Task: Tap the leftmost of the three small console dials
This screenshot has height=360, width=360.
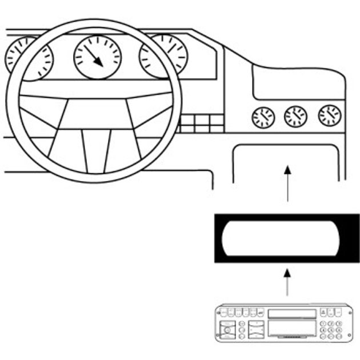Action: pos(263,118)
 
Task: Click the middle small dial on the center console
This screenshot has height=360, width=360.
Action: pos(295,117)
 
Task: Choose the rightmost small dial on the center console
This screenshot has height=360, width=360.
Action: pos(330,115)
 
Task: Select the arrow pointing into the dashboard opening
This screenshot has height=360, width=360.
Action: pos(287,183)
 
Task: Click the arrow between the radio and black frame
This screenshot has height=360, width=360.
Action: pos(287,283)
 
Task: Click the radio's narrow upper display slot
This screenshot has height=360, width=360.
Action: pos(291,313)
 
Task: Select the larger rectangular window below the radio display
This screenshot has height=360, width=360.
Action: pos(291,328)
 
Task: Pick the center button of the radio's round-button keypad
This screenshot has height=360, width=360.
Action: pos(330,330)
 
